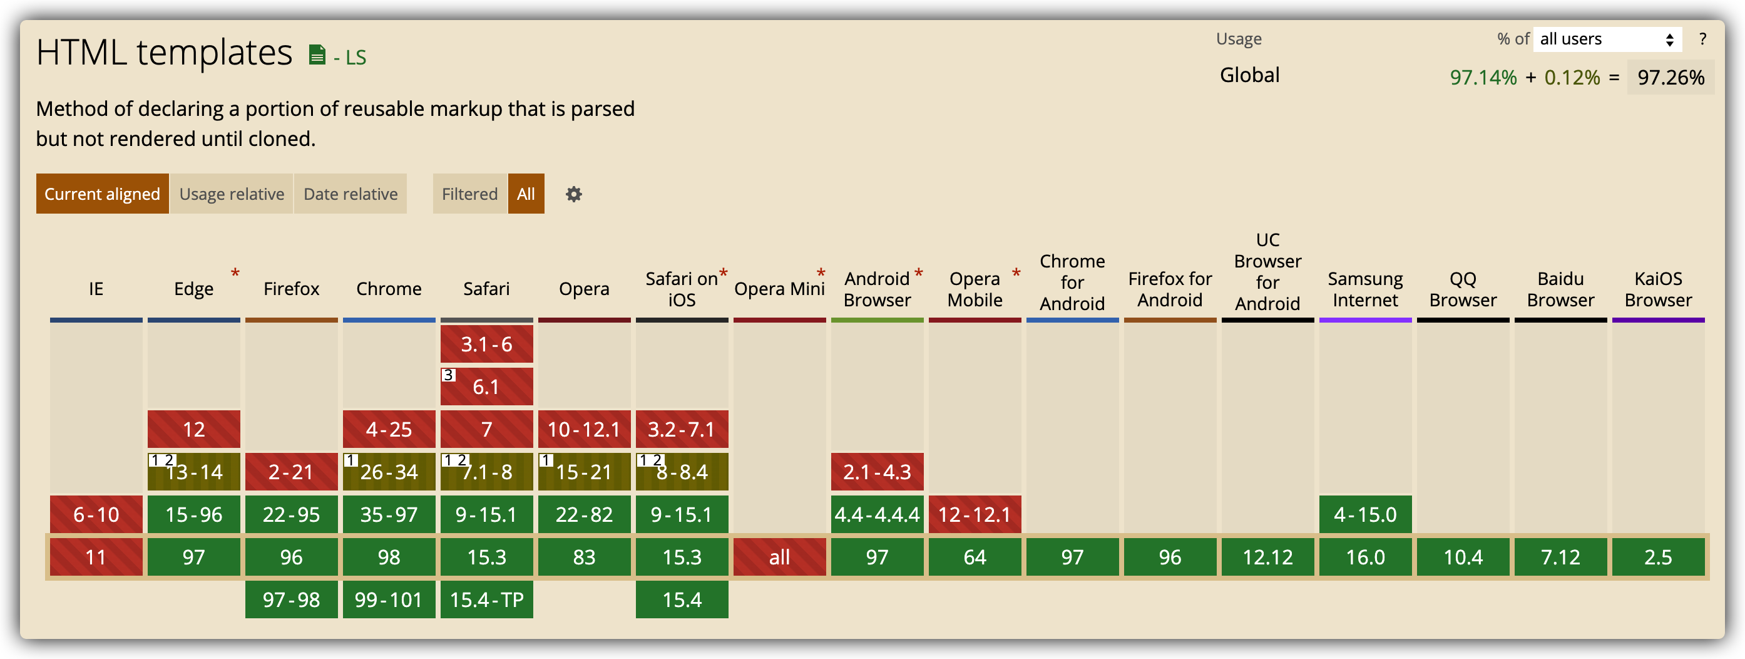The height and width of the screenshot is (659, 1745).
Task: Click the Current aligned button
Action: (x=102, y=194)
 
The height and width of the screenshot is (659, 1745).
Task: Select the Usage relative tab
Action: (x=232, y=194)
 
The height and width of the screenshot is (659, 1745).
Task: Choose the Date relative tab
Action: (x=351, y=194)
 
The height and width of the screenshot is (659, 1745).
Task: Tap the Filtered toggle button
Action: (x=469, y=194)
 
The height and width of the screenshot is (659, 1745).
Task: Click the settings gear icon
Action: (x=574, y=195)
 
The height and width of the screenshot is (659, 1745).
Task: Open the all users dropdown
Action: (x=1607, y=39)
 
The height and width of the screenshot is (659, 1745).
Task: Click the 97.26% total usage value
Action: (x=1671, y=77)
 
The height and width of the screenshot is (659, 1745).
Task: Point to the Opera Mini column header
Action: (x=779, y=289)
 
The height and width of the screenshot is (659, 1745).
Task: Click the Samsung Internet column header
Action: (x=1365, y=289)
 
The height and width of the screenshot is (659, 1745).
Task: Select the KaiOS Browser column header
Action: (x=1657, y=289)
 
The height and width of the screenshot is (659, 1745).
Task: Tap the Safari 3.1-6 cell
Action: (x=486, y=345)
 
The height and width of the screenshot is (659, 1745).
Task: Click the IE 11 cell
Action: (x=96, y=557)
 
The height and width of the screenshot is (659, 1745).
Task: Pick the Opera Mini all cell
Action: (x=779, y=557)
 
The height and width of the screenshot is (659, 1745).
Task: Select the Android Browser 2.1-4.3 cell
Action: (x=876, y=472)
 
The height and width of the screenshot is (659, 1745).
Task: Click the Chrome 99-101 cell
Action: (x=389, y=599)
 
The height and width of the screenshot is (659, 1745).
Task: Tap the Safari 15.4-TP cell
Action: (x=486, y=599)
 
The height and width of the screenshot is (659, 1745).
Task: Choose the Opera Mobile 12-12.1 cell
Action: (x=974, y=514)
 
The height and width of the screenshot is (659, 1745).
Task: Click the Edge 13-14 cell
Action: (x=194, y=472)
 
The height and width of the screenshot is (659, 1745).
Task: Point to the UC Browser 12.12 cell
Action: (x=1267, y=557)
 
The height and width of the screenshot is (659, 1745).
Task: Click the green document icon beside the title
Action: (x=316, y=54)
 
